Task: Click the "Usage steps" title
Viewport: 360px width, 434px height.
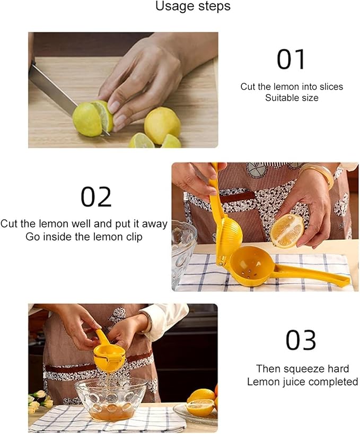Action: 192,6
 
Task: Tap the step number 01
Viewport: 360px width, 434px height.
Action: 291,59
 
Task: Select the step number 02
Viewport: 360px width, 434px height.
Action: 96,197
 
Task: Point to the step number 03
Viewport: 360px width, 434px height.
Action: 301,340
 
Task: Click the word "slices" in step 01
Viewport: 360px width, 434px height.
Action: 331,86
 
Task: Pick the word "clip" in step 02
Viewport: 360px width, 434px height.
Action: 133,237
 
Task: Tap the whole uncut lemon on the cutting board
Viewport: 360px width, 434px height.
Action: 162,125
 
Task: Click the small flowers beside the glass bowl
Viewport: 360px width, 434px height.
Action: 40,400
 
